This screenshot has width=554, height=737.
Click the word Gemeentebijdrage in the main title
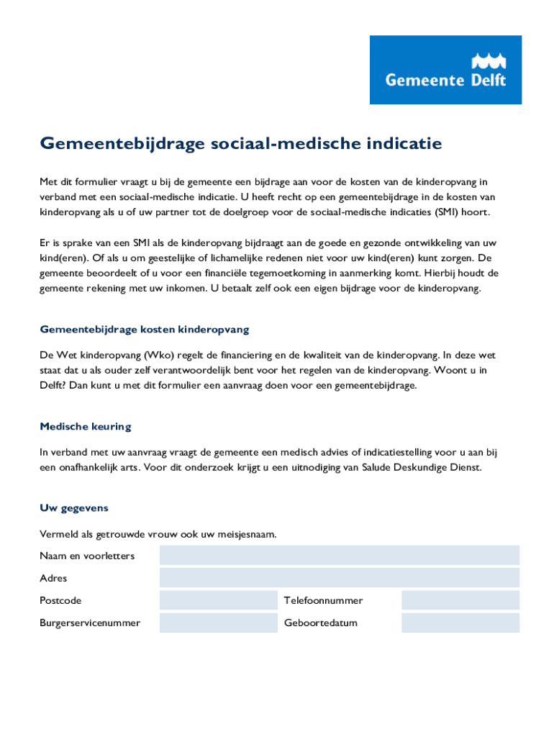122,145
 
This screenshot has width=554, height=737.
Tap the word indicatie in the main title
401,144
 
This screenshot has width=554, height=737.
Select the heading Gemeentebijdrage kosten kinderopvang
145,330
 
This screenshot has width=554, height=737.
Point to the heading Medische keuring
86,427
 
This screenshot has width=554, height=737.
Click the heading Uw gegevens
74,508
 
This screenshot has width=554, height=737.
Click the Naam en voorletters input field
339,556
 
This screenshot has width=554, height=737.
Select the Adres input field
339,578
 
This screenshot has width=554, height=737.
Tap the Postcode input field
218,600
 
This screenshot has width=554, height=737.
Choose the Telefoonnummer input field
460,600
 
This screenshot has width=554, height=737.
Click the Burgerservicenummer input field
218,623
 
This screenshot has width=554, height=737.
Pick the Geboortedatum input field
460,623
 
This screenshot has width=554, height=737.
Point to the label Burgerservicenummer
90,623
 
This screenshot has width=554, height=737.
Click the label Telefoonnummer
323,600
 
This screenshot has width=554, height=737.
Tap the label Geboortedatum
320,623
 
